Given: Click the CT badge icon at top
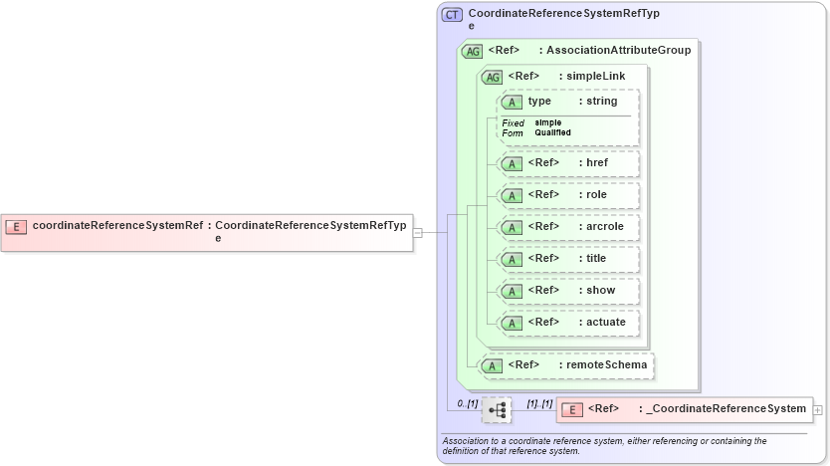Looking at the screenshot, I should pos(452,15).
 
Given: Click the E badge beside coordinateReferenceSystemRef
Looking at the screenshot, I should pos(16,226).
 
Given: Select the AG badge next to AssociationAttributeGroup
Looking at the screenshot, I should pos(472,51).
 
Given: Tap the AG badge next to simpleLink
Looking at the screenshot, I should pos(492,77).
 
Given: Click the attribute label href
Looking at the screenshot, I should pos(597,163).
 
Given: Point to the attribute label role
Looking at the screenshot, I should pos(596,195).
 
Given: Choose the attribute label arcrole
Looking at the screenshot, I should pos(605,227).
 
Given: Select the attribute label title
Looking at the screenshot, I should pos(596,259).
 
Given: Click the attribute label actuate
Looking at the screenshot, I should pos(606,323).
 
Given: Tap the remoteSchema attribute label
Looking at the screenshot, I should pos(606,365).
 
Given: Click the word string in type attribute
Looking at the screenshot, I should pos(601,102).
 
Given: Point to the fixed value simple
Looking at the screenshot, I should pos(548,122).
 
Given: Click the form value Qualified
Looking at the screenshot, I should pos(552,132).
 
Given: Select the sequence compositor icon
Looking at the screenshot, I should pos(497,409).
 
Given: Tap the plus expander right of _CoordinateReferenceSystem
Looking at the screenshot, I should pos(817,409).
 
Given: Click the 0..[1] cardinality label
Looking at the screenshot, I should pos(468,403).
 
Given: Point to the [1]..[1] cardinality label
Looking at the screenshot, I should pos(539,403).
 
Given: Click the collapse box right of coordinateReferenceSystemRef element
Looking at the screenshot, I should pos(418,232).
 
